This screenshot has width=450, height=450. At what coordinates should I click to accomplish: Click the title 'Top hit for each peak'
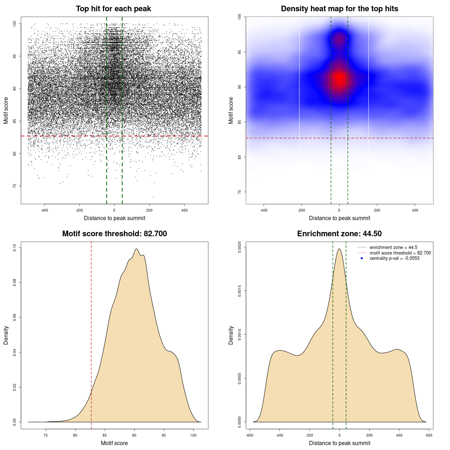[x=113, y=9]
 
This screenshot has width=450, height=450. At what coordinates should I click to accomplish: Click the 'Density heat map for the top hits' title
[x=339, y=9]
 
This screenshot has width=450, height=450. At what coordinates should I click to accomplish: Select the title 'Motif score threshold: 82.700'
[x=114, y=234]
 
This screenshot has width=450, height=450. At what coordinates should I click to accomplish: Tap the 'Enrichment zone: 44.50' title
[x=339, y=234]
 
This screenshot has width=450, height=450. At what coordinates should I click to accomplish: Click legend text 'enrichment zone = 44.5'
[x=393, y=247]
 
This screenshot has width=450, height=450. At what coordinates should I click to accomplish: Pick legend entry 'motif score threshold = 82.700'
[x=400, y=253]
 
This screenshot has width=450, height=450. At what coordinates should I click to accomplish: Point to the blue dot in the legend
[x=362, y=258]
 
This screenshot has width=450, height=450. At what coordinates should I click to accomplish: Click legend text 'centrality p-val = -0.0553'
[x=394, y=258]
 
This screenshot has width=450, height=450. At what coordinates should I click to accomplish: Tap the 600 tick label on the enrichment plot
[x=429, y=435]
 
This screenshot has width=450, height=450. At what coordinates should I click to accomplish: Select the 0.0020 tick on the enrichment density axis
[x=239, y=247]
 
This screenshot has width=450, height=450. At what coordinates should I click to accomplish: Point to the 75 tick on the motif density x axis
[x=46, y=435]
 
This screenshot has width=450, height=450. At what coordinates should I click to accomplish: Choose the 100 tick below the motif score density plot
[x=193, y=435]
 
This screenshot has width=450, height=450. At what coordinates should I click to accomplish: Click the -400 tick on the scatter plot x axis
[x=44, y=210]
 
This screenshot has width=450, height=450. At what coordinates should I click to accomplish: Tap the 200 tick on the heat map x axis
[x=377, y=210]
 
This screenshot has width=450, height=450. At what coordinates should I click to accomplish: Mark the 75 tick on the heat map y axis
[x=239, y=192]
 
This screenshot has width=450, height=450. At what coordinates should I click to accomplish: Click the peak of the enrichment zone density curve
[x=339, y=249]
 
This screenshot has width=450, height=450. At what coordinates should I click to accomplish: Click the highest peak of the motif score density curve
[x=136, y=249]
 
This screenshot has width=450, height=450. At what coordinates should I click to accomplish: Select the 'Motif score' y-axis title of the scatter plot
[x=6, y=110]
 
